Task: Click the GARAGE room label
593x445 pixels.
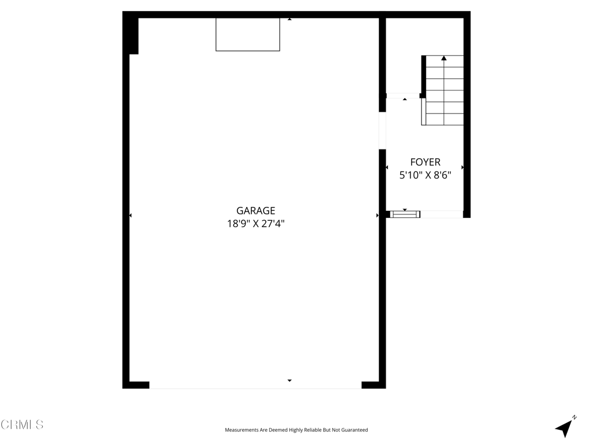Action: tap(255, 210)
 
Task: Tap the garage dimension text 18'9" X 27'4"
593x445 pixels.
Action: tap(255, 224)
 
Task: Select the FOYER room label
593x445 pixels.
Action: tap(426, 162)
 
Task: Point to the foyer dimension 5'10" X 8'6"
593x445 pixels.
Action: tap(426, 175)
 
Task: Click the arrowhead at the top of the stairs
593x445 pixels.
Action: tap(444, 58)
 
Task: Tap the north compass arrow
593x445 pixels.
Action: tap(564, 428)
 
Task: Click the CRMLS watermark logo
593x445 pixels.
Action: tap(22, 424)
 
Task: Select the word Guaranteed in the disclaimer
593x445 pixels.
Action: tap(355, 430)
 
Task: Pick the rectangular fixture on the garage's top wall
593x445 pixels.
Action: tap(248, 34)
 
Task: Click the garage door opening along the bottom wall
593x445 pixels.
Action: tap(255, 385)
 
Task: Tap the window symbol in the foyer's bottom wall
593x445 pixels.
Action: tap(405, 214)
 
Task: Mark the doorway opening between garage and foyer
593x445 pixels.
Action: tap(382, 130)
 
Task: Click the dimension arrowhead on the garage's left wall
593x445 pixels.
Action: tap(130, 216)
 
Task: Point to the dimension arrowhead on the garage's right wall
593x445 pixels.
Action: tap(378, 216)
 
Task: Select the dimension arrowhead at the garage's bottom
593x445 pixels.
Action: tap(290, 380)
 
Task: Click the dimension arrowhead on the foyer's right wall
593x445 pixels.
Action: tap(462, 167)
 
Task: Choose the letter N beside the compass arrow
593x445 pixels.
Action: tap(574, 417)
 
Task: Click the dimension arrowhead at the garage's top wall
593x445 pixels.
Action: tap(290, 19)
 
